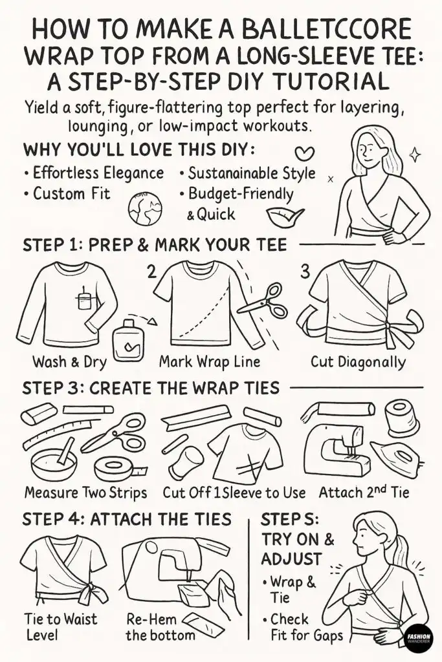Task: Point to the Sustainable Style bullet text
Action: click(x=247, y=173)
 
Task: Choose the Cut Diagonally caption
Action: click(x=358, y=361)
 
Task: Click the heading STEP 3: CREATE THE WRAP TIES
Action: click(x=151, y=389)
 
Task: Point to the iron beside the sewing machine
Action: click(x=397, y=455)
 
